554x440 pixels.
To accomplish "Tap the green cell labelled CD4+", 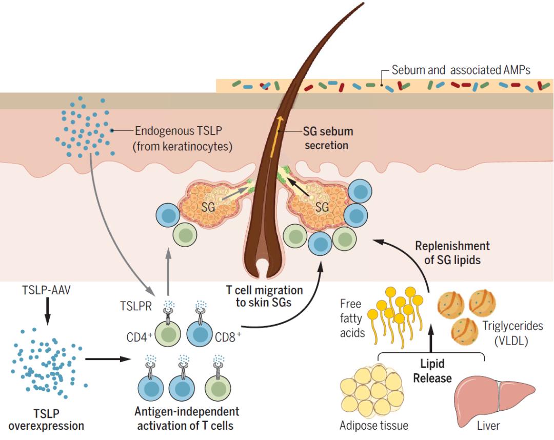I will coord(169,336).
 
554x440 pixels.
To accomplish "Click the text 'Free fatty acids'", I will coord(352,318).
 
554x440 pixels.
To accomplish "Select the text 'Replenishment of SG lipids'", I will coord(452,253).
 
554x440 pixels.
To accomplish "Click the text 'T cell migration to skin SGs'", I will coord(264,296).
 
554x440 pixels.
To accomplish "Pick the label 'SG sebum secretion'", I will coord(328,138).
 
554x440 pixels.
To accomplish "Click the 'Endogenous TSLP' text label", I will coord(184,138).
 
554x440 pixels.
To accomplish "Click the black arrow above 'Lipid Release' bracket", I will coord(430,341).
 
